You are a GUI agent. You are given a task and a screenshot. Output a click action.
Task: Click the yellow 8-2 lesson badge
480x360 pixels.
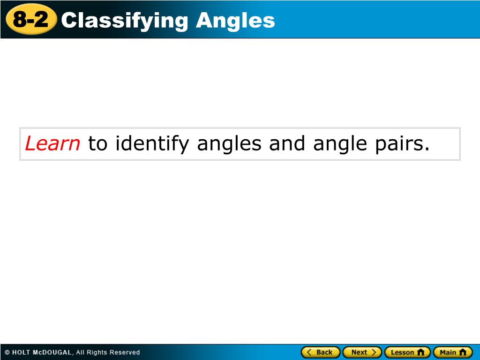[31, 20]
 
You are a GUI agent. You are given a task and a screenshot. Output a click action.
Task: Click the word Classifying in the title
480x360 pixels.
[125, 20]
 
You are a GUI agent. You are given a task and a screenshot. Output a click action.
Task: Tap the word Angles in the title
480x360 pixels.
[235, 20]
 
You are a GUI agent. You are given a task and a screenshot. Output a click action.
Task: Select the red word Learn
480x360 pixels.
[52, 143]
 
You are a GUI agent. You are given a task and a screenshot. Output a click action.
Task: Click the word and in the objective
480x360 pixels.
[287, 143]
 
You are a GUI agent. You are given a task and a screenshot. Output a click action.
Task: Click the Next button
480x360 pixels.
[362, 352]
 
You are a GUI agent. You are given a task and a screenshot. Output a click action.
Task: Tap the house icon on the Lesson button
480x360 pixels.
[420, 352]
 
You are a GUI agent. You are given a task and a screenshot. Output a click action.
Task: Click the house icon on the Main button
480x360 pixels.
[463, 352]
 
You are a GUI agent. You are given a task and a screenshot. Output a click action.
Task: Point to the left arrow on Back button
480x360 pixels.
[309, 352]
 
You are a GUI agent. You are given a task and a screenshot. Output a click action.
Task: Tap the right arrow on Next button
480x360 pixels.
[374, 352]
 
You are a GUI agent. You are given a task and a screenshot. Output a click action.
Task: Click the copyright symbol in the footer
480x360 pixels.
[7, 352]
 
